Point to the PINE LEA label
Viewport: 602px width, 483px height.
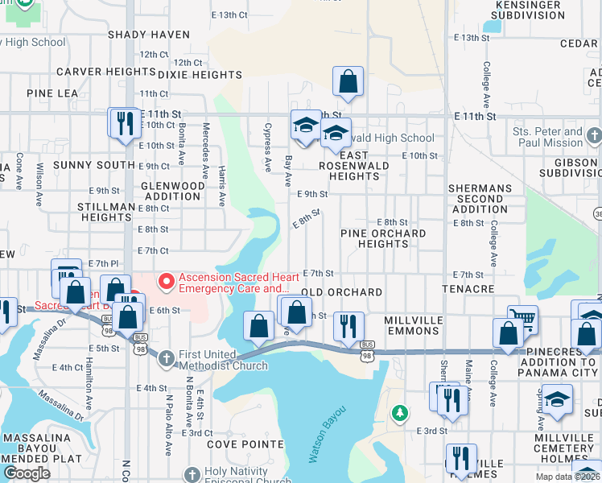click(x=52, y=93)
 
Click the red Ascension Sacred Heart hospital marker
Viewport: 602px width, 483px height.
click(x=167, y=281)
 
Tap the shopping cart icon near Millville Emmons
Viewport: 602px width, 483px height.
click(x=522, y=319)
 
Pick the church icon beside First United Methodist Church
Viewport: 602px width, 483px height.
click(x=167, y=357)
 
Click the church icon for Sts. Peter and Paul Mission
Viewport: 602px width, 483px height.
click(x=594, y=134)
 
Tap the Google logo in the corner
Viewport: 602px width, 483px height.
click(x=26, y=473)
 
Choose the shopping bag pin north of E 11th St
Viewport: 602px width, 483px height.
click(x=348, y=81)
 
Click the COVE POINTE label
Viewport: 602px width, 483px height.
click(x=245, y=444)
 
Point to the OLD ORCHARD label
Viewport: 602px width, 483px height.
click(x=341, y=291)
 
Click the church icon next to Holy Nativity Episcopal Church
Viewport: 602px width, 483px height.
click(x=191, y=475)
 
